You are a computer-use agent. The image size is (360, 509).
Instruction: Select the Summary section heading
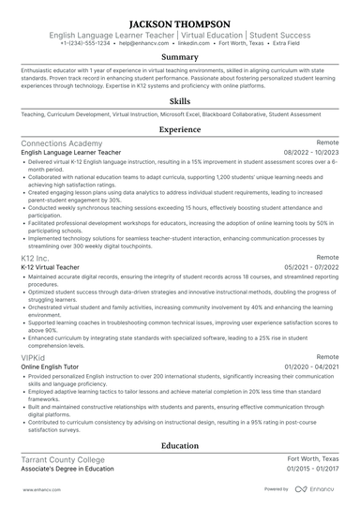click(180, 57)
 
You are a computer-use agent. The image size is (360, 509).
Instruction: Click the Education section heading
click(180, 445)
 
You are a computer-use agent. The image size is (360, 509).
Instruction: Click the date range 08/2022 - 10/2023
click(308, 152)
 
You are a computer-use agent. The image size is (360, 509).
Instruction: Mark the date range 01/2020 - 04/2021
click(308, 367)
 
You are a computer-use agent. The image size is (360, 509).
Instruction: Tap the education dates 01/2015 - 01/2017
click(308, 469)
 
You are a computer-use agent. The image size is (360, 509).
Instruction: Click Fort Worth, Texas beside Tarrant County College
click(312, 459)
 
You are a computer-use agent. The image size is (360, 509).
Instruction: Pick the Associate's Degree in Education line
click(67, 469)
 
